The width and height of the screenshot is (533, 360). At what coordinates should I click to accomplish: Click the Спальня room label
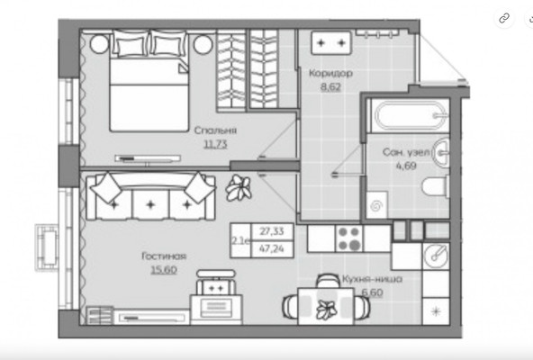(215, 130)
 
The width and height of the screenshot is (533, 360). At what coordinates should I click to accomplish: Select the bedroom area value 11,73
(215, 144)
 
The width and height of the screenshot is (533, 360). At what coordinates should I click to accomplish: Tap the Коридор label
(330, 73)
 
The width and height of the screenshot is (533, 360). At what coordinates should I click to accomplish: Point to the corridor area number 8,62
(330, 86)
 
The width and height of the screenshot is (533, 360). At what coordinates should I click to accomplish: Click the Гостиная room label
(164, 256)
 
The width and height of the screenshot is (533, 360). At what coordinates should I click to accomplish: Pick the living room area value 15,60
(164, 270)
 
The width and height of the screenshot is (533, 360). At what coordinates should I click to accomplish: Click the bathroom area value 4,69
(406, 166)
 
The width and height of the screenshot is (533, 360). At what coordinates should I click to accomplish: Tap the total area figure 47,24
(272, 248)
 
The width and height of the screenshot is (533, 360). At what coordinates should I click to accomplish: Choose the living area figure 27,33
(272, 231)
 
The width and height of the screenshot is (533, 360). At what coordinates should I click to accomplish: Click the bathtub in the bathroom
(411, 115)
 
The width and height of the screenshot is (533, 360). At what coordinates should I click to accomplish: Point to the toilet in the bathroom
(436, 186)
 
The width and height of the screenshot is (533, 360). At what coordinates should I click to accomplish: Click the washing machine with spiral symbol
(376, 205)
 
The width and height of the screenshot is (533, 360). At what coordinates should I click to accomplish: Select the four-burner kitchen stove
(349, 238)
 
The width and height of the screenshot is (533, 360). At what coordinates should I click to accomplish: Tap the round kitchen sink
(436, 256)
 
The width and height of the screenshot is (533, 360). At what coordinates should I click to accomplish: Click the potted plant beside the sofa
(239, 187)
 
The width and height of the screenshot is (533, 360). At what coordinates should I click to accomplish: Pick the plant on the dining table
(326, 310)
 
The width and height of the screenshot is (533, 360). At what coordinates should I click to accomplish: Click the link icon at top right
(504, 18)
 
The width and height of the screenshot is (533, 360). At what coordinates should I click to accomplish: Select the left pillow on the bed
(131, 43)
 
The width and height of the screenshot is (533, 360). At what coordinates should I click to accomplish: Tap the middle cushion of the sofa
(150, 204)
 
